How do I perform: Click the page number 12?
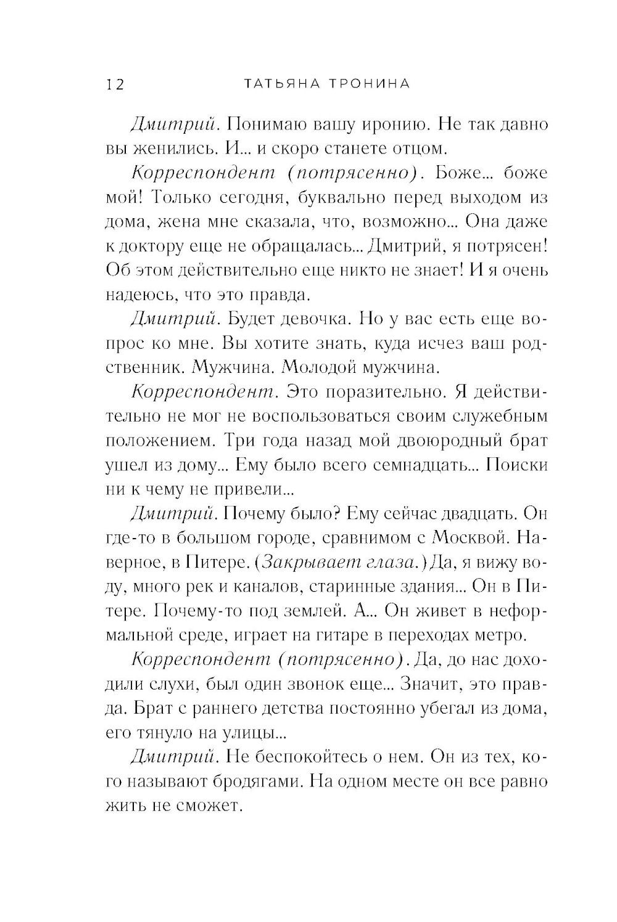pos(115,84)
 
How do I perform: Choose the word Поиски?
pos(517,465)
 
